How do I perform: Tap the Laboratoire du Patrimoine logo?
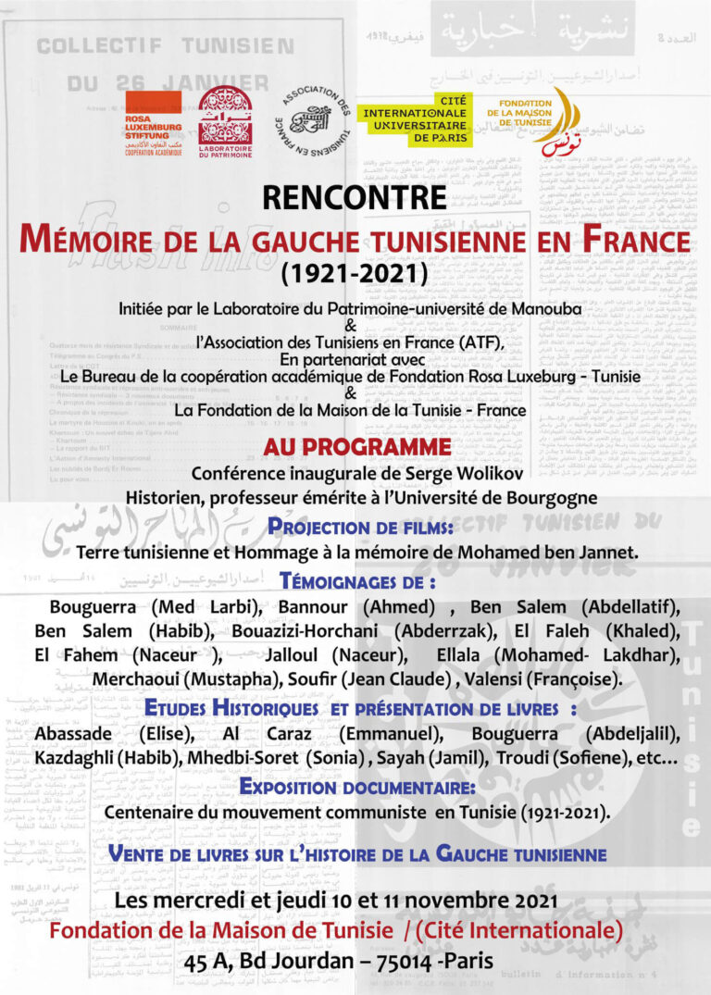[224, 121]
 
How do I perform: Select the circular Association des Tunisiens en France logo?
[310, 121]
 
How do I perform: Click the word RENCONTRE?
[355, 198]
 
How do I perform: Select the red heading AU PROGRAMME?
[356, 447]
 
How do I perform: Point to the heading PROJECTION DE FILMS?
[359, 528]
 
